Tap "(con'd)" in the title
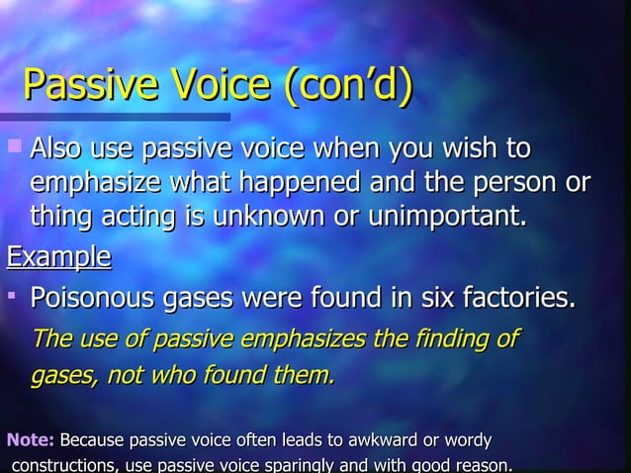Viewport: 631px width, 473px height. [x=345, y=89]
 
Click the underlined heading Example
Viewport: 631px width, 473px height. [x=58, y=258]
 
